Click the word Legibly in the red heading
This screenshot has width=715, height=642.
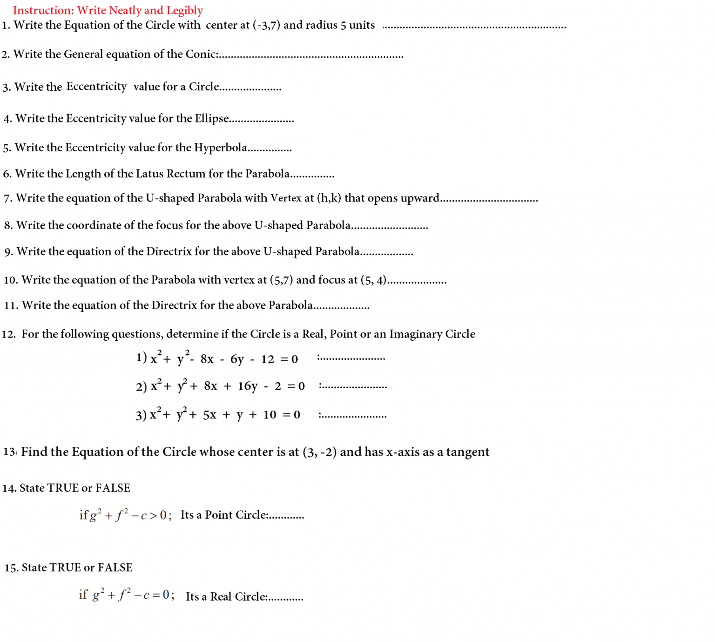(x=185, y=11)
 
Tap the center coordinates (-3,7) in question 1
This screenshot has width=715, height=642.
(x=266, y=25)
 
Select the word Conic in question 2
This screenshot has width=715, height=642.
(x=201, y=54)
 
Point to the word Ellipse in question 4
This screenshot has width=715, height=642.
(x=212, y=119)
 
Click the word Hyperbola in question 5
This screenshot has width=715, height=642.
(x=221, y=148)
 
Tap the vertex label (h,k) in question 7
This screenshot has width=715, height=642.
(x=329, y=198)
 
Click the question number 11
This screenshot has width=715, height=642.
(x=11, y=306)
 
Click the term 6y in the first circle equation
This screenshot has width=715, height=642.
(x=237, y=359)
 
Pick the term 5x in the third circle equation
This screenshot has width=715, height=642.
(x=210, y=415)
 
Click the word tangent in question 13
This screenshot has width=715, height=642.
(x=467, y=452)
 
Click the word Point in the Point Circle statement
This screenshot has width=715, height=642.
(x=219, y=515)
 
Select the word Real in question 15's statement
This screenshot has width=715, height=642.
(x=221, y=597)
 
